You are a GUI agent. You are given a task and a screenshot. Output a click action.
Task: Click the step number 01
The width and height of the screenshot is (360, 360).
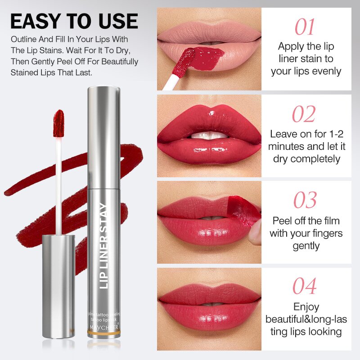coord(305,27)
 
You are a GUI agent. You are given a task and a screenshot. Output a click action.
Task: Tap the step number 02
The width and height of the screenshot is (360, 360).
coord(304,114)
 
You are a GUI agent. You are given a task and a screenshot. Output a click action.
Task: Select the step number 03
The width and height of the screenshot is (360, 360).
coord(305,200)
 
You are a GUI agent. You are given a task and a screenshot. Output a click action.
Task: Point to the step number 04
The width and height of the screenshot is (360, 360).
coord(305,286)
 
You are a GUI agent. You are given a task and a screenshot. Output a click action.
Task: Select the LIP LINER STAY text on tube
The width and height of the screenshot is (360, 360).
coord(104,245)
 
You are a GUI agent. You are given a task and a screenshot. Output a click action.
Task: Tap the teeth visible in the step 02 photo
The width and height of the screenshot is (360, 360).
coord(208,135)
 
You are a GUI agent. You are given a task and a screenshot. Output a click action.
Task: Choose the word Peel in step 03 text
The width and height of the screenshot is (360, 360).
coord(282,221)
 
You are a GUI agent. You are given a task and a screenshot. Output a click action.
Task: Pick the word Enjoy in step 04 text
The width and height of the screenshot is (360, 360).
coord(306,307)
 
